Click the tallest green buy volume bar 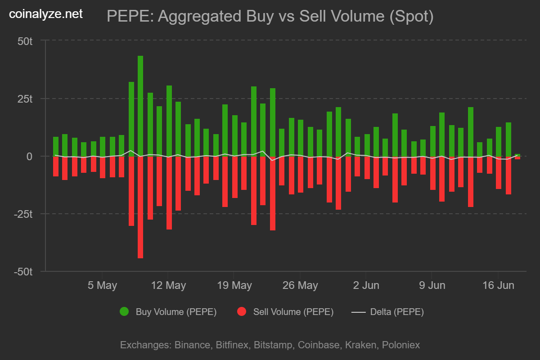point(140,106)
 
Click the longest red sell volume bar point(140,207)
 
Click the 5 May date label point(102,285)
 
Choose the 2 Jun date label point(366,285)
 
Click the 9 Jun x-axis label point(432,285)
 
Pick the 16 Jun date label point(497,285)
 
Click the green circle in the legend point(124,311)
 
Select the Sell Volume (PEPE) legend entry point(293,312)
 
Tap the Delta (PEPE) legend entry point(396,312)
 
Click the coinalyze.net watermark point(46,14)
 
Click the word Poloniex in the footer point(401,345)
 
